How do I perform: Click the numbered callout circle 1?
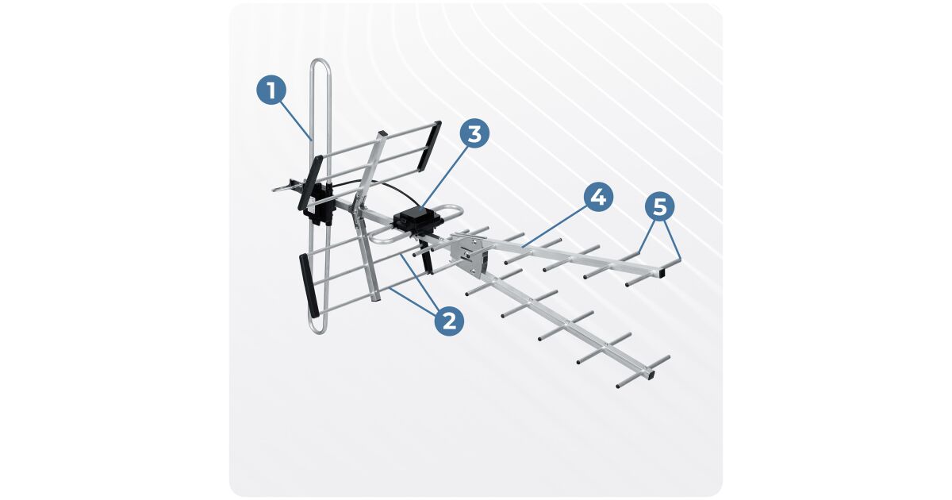coord(271,90)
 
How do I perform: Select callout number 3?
coord(474,133)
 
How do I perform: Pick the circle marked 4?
coord(598,197)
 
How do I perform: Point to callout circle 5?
coord(659,207)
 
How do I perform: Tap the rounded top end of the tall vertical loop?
coord(320,63)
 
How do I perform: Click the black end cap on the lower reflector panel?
coord(309,285)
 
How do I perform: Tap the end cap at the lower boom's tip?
coord(649,375)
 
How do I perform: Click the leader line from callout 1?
coord(296,121)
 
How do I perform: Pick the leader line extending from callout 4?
coord(555,226)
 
